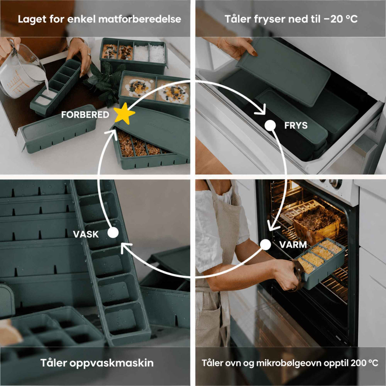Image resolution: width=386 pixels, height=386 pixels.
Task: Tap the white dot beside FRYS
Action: (270, 125)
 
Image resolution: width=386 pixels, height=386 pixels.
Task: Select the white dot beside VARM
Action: (266, 244)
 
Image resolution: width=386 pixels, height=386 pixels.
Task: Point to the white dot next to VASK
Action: (113, 233)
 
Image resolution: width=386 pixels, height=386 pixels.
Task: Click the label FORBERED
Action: (85, 115)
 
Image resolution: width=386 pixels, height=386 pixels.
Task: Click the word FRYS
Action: (296, 125)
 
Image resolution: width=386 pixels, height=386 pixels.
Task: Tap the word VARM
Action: (293, 244)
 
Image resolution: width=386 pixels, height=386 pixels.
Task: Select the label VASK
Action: (86, 234)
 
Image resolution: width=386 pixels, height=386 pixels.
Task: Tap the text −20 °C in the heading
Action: (341, 19)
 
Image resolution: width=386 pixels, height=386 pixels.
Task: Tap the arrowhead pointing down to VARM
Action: (273, 226)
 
